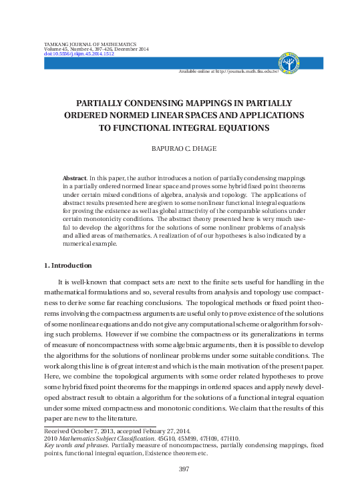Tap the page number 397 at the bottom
(x=180, y=469)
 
